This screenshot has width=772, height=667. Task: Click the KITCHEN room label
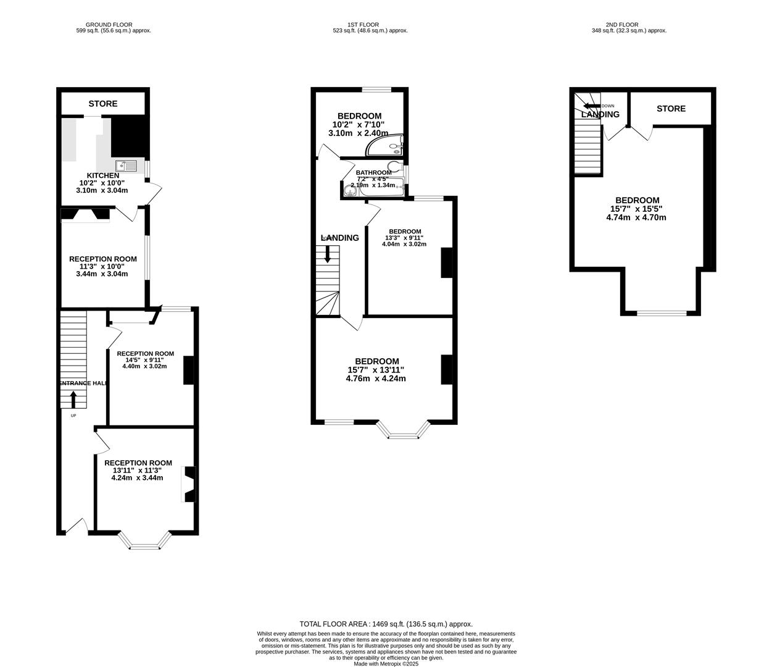103,175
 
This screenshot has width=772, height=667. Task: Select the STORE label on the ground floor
102,104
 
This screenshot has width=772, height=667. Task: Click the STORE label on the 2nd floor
671,109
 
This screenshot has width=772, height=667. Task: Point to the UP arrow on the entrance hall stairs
73,400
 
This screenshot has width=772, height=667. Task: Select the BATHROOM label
373,172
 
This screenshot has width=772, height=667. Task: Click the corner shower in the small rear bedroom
386,146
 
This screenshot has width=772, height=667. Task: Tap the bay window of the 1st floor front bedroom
404,430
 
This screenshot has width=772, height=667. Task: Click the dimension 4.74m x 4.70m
636,217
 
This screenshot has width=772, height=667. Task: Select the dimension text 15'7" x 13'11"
376,370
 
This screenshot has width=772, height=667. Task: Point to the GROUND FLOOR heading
109,25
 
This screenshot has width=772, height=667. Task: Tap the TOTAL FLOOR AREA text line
386,624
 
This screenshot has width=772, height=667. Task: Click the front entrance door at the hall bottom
77,526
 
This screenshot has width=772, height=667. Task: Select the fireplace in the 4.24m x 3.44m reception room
189,484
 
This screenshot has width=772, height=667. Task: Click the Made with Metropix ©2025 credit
386,664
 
